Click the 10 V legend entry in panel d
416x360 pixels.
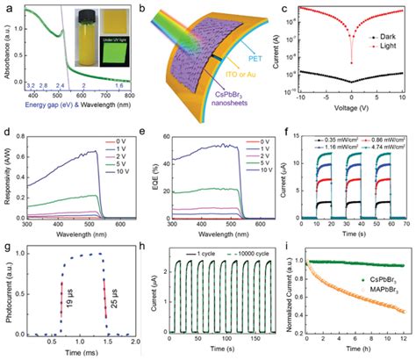[x=117, y=184]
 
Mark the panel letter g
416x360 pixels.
[x=6, y=253]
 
